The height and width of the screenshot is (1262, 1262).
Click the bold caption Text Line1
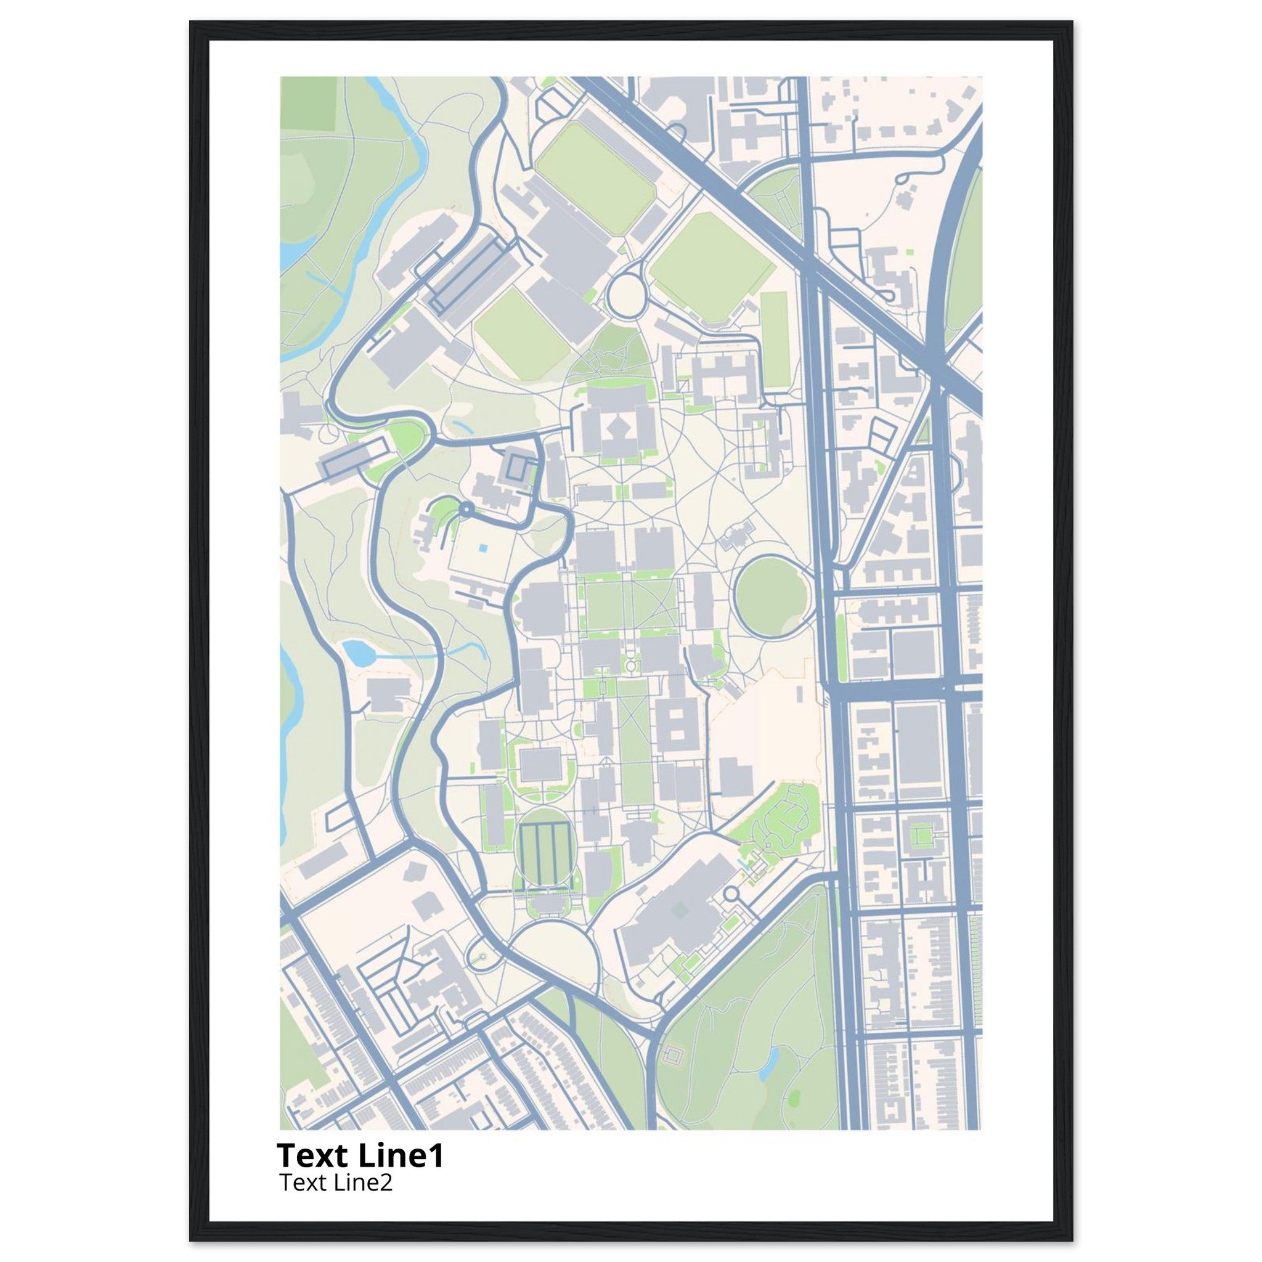point(360,1155)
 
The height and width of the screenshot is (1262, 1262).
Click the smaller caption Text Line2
point(336,1183)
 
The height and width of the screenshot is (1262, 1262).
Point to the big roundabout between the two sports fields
point(626,295)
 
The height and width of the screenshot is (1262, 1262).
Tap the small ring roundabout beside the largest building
point(731,893)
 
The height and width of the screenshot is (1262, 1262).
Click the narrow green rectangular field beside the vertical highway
point(774,340)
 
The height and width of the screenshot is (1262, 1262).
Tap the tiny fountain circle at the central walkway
point(631,666)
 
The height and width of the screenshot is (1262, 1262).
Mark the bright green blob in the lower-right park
point(793,1094)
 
